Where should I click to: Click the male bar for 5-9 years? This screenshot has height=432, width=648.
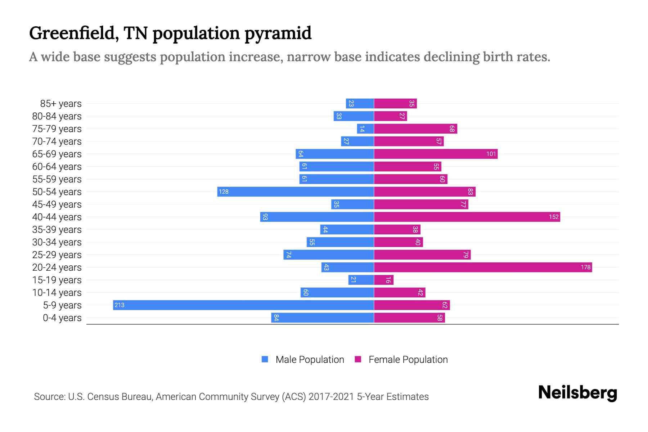tap(243, 305)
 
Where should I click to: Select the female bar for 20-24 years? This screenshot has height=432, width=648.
tap(483, 267)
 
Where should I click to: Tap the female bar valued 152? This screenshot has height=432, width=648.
tap(467, 217)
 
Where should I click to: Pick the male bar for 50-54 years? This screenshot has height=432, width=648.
tap(296, 192)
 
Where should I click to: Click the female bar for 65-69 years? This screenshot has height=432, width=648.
tap(436, 154)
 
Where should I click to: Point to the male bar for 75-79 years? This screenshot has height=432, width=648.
tap(365, 129)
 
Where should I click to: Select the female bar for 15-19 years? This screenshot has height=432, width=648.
tap(384, 280)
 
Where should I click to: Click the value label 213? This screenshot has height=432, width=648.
tap(119, 305)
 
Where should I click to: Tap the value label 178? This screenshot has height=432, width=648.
tap(585, 267)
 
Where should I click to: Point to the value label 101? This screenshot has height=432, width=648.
tap(491, 154)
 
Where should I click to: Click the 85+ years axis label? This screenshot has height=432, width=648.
tap(61, 104)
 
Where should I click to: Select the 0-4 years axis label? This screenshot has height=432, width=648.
tap(62, 318)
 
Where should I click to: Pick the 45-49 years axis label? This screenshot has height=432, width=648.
tap(57, 204)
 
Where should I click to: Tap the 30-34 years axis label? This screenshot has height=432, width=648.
tap(57, 242)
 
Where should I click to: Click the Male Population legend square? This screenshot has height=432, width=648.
tap(265, 359)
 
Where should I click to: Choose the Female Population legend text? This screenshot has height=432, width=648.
tap(408, 359)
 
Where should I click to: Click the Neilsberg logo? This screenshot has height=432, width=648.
tap(577, 393)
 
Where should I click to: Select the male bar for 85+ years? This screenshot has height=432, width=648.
tap(360, 103)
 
